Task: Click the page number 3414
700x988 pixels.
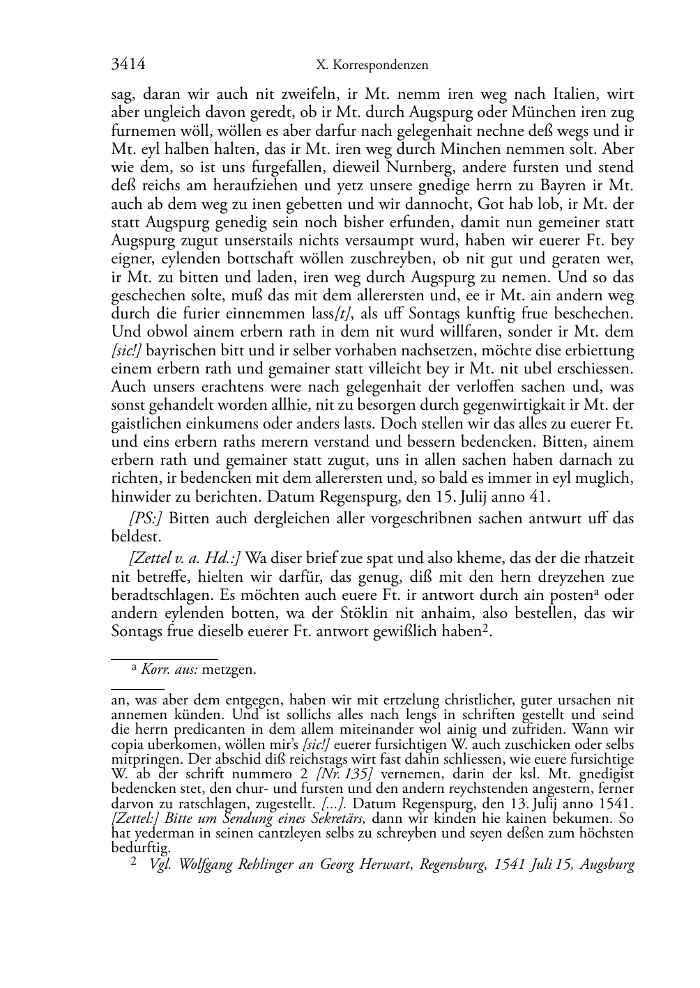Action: point(128,65)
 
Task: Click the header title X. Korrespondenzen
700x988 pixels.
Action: point(372,65)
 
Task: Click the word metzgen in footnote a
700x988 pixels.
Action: point(234,670)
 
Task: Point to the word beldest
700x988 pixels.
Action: point(136,537)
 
